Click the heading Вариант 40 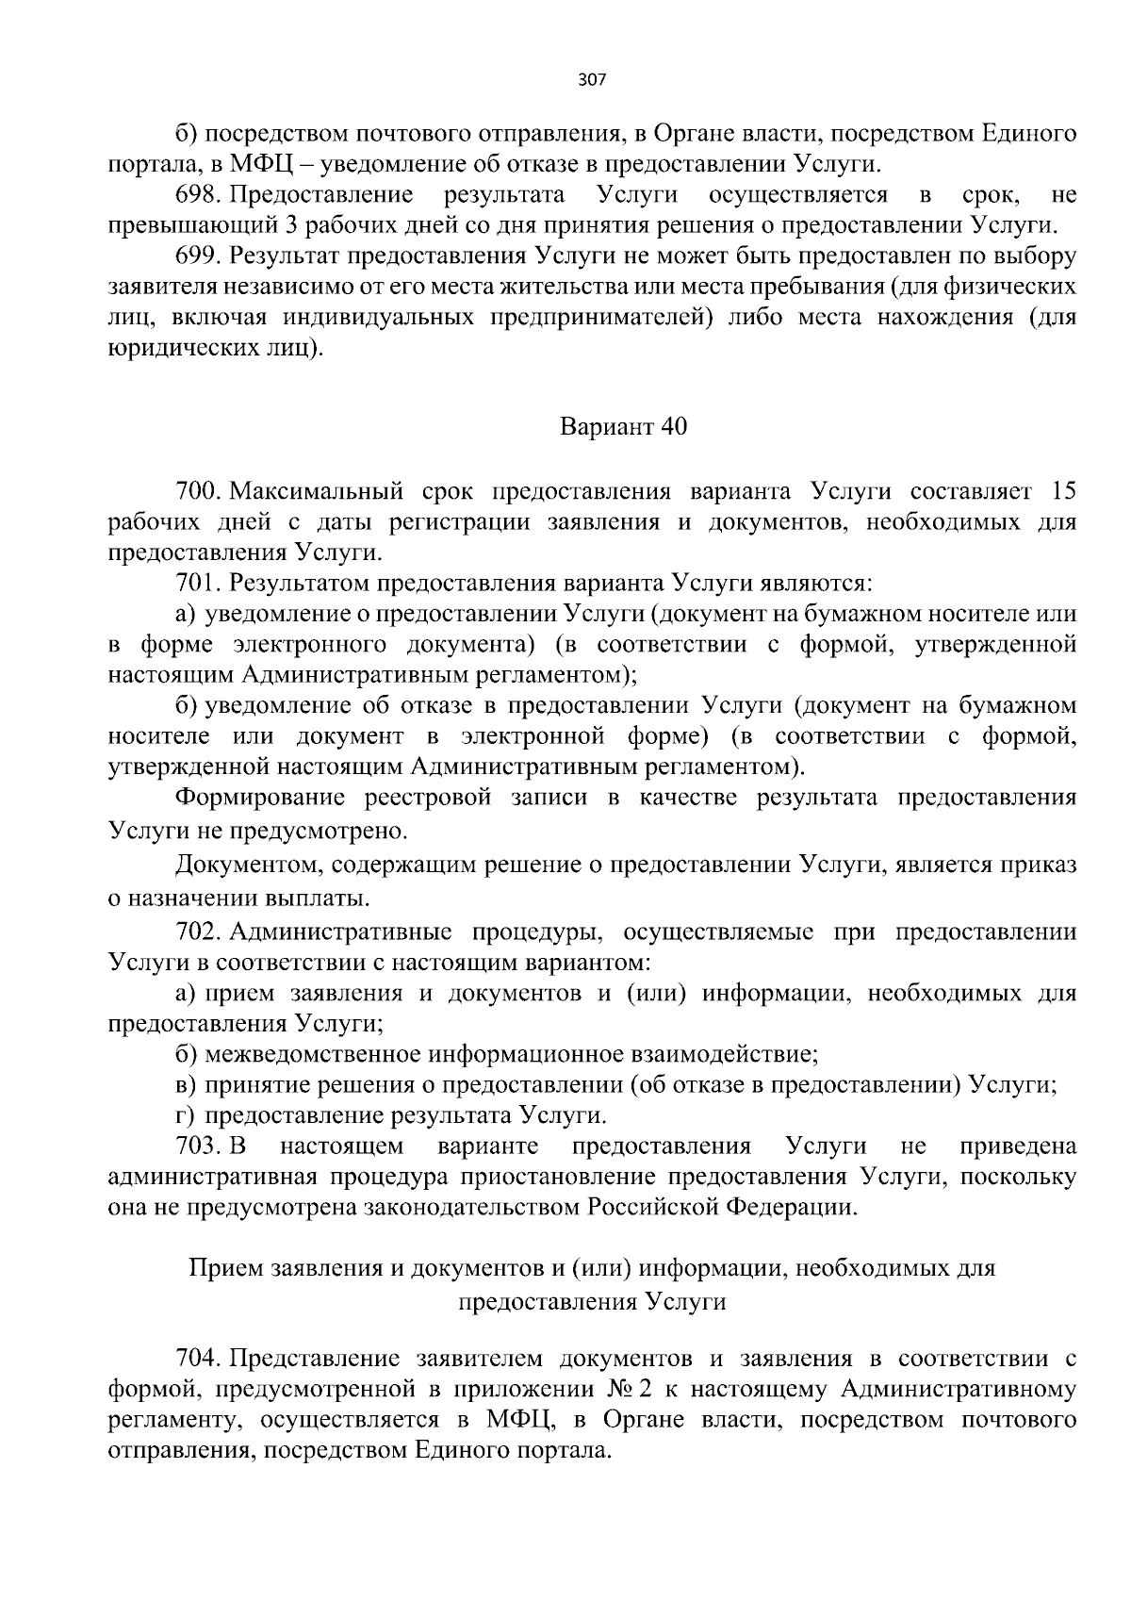(x=624, y=427)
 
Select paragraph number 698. (x=197, y=195)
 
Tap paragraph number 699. (x=197, y=256)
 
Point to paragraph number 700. (x=197, y=491)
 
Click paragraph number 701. (x=197, y=584)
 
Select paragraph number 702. (x=197, y=932)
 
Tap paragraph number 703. (x=197, y=1146)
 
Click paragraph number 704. (x=197, y=1359)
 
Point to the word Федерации (x=799, y=1208)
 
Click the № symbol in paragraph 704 (x=619, y=1390)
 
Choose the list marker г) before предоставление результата (x=185, y=1116)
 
